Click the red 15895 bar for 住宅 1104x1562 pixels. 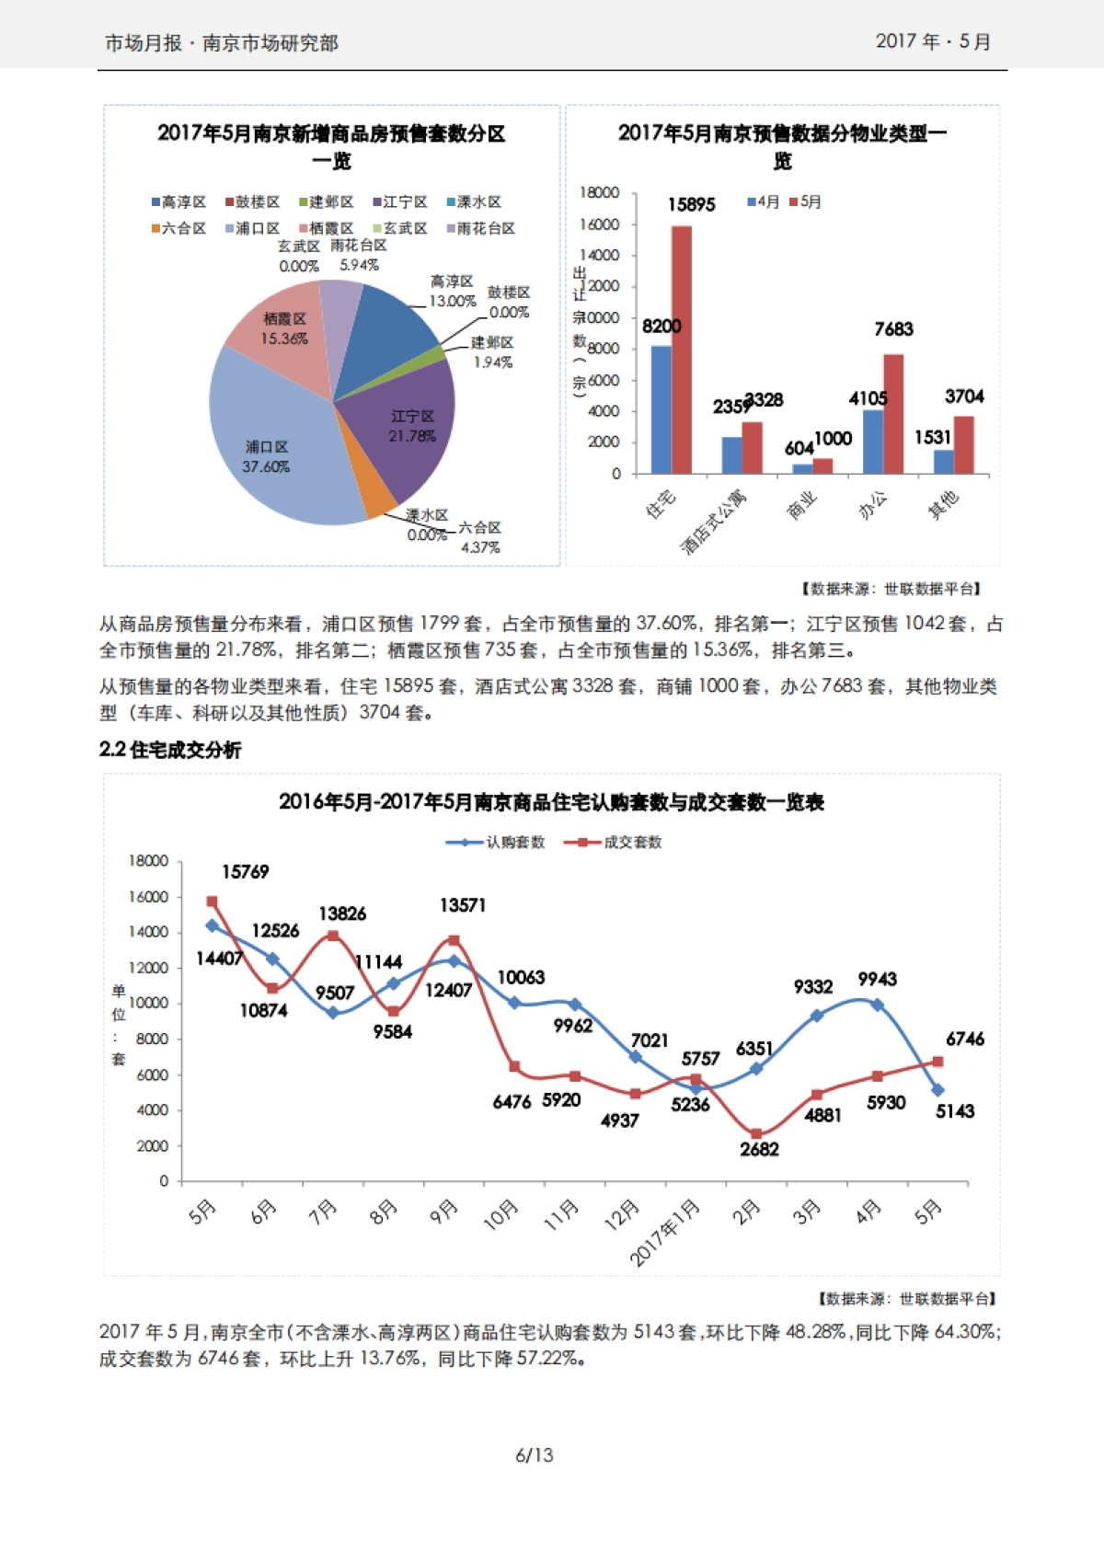click(x=682, y=350)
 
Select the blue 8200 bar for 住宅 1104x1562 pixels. click(x=661, y=409)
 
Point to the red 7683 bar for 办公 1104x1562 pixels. click(x=893, y=414)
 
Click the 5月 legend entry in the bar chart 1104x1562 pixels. click(x=805, y=201)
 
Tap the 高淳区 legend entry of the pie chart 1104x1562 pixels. click(x=178, y=201)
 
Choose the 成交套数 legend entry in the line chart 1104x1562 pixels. click(x=615, y=842)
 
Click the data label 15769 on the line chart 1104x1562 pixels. click(x=245, y=871)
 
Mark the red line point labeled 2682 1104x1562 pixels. click(x=756, y=1134)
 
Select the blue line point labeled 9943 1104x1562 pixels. click(x=877, y=1005)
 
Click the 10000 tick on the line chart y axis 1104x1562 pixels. click(x=148, y=1003)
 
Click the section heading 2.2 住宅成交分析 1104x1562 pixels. click(x=170, y=750)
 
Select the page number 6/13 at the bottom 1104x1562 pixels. click(x=534, y=1455)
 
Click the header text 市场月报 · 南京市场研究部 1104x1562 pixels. click(x=222, y=43)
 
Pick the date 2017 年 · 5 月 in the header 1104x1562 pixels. click(x=932, y=41)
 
